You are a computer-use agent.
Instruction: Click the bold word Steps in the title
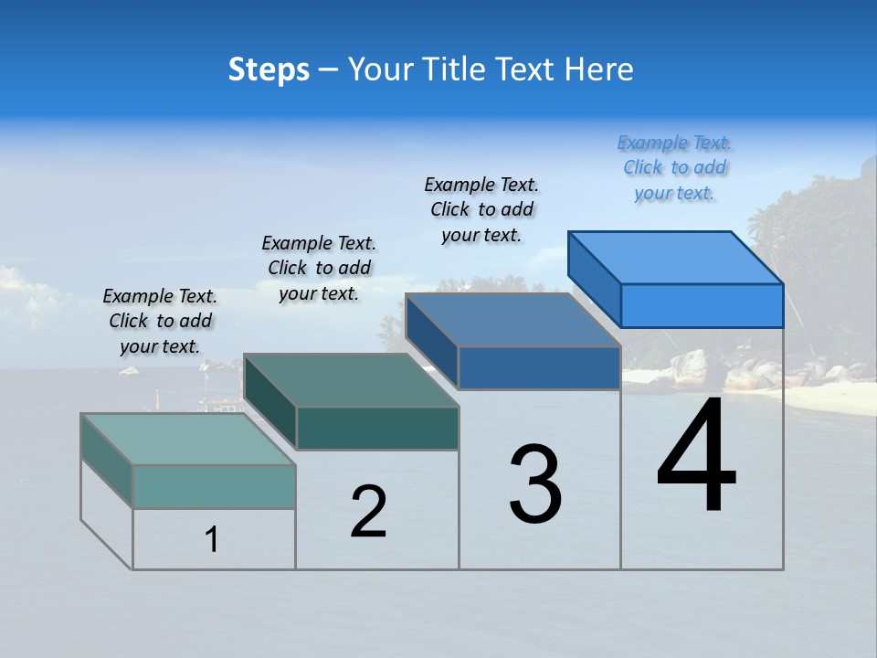[x=269, y=69]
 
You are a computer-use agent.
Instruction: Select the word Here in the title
[x=598, y=69]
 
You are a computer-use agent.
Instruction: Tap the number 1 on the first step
[x=212, y=539]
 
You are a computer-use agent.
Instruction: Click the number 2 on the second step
[x=368, y=512]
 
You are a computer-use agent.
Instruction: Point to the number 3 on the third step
[x=535, y=484]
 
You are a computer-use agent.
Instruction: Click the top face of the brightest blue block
[x=676, y=257]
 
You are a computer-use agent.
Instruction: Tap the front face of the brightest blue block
[x=702, y=305]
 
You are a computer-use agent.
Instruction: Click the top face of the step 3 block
[x=513, y=320]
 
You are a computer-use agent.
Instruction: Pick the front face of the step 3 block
[x=539, y=367]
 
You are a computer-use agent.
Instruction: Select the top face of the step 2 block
[x=351, y=380]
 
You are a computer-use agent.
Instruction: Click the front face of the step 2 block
[x=377, y=428]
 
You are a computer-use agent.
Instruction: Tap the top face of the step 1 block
[x=188, y=440]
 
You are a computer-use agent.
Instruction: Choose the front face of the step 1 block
[x=214, y=486]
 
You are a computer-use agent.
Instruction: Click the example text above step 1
[x=160, y=321]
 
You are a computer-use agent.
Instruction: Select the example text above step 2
[x=319, y=268]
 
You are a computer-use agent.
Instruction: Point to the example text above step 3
[x=481, y=209]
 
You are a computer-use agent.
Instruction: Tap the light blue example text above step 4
[x=675, y=167]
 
